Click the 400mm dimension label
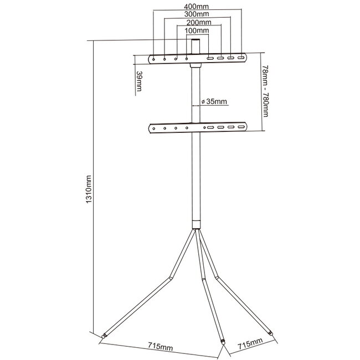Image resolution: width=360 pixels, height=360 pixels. point(198,6)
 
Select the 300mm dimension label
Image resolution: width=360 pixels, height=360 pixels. point(198,14)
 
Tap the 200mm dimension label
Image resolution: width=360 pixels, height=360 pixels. point(198,23)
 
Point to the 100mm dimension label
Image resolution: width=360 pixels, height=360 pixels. point(198,31)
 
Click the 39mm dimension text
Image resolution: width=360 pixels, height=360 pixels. point(138,82)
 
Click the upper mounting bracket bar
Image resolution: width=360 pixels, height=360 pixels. point(198,58)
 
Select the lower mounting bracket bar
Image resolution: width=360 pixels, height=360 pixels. point(198,128)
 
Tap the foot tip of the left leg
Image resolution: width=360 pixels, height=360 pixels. point(104,336)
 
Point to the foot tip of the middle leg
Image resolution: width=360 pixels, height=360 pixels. point(223,342)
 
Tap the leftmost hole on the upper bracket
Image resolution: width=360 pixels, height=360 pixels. point(154,58)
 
